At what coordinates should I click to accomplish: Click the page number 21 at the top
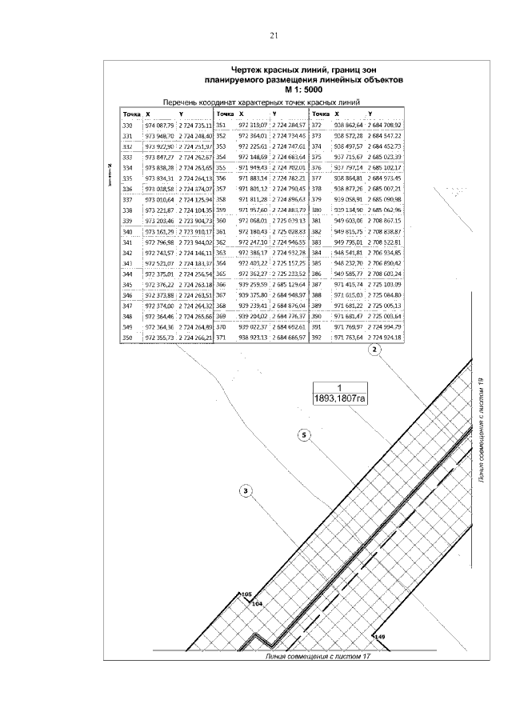pos(274,36)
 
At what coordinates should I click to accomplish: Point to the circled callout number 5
pos(303,435)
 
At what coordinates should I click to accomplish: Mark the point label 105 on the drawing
pos(246,594)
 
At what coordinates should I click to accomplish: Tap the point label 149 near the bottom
pos(380,636)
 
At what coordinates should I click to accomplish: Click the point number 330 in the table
pos(127,126)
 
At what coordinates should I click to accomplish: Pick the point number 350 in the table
pos(127,339)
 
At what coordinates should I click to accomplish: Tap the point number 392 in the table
pos(316,339)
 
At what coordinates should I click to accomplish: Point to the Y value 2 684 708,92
pos(385,126)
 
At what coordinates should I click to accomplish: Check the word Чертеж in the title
pos(249,70)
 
